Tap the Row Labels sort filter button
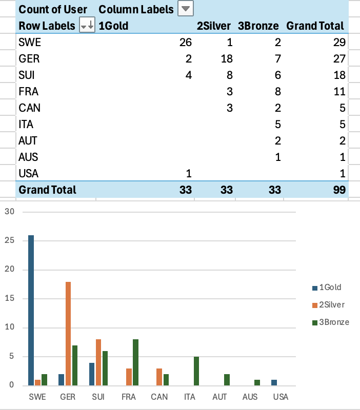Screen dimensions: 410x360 click(x=87, y=26)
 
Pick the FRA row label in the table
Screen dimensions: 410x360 click(x=29, y=91)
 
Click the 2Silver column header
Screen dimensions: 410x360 click(x=213, y=26)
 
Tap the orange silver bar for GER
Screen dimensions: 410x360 click(x=68, y=333)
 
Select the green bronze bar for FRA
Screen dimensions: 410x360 click(x=135, y=362)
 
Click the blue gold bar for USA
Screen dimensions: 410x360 click(x=274, y=382)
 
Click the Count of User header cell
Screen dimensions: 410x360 click(x=53, y=9)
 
